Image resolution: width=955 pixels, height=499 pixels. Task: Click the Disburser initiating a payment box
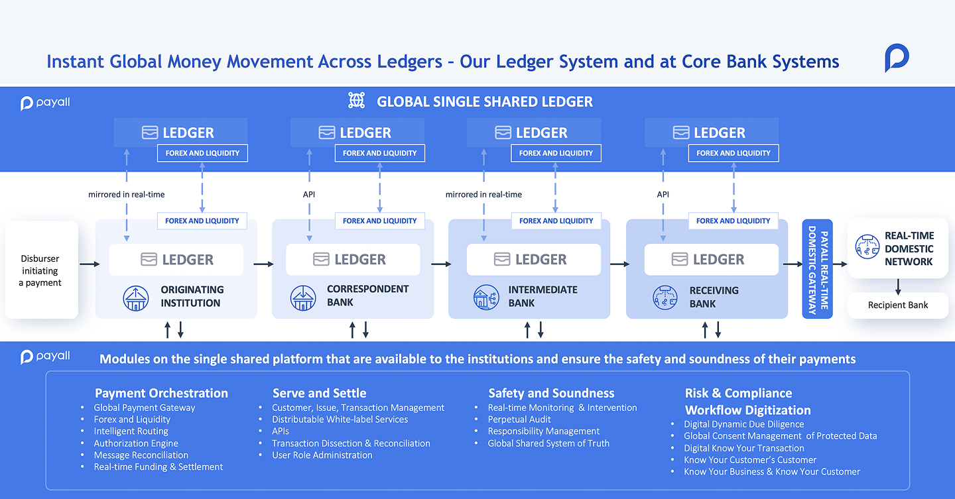[41, 270]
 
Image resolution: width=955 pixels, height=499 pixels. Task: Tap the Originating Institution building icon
[136, 298]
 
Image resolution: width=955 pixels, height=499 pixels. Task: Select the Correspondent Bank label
[367, 296]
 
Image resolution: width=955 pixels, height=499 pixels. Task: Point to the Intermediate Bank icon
[487, 298]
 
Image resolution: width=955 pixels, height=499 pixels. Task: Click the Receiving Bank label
[714, 297]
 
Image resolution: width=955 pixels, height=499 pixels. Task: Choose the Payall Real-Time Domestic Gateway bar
[817, 269]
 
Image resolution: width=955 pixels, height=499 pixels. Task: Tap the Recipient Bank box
[898, 305]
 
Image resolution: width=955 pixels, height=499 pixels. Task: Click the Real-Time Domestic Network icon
[867, 248]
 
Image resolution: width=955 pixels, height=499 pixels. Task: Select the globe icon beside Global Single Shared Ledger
[357, 101]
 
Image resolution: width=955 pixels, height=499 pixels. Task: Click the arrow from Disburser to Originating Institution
[87, 264]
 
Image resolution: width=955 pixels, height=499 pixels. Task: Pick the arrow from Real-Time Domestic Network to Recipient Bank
[898, 286]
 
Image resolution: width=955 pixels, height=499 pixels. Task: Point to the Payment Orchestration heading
[161, 393]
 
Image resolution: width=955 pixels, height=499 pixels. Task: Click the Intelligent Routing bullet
[131, 431]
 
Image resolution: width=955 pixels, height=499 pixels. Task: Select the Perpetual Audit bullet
[519, 419]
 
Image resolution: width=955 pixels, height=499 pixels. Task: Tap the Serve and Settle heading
[319, 393]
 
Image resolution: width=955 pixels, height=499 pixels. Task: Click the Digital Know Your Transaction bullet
[743, 448]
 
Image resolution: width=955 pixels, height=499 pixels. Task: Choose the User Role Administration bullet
[322, 455]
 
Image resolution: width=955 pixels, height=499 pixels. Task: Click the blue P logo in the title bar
[897, 58]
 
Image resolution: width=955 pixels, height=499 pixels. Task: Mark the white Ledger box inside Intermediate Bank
[533, 260]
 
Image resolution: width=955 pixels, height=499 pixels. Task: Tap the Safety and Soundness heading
[551, 393]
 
